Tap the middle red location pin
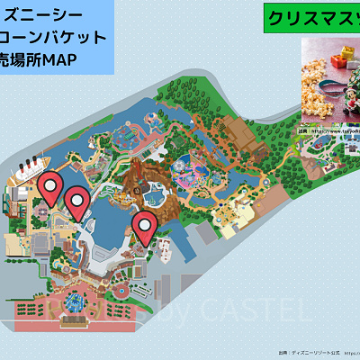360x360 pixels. (x=78, y=202)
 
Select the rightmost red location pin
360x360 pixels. (x=144, y=226)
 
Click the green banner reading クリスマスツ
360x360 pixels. (x=311, y=19)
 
